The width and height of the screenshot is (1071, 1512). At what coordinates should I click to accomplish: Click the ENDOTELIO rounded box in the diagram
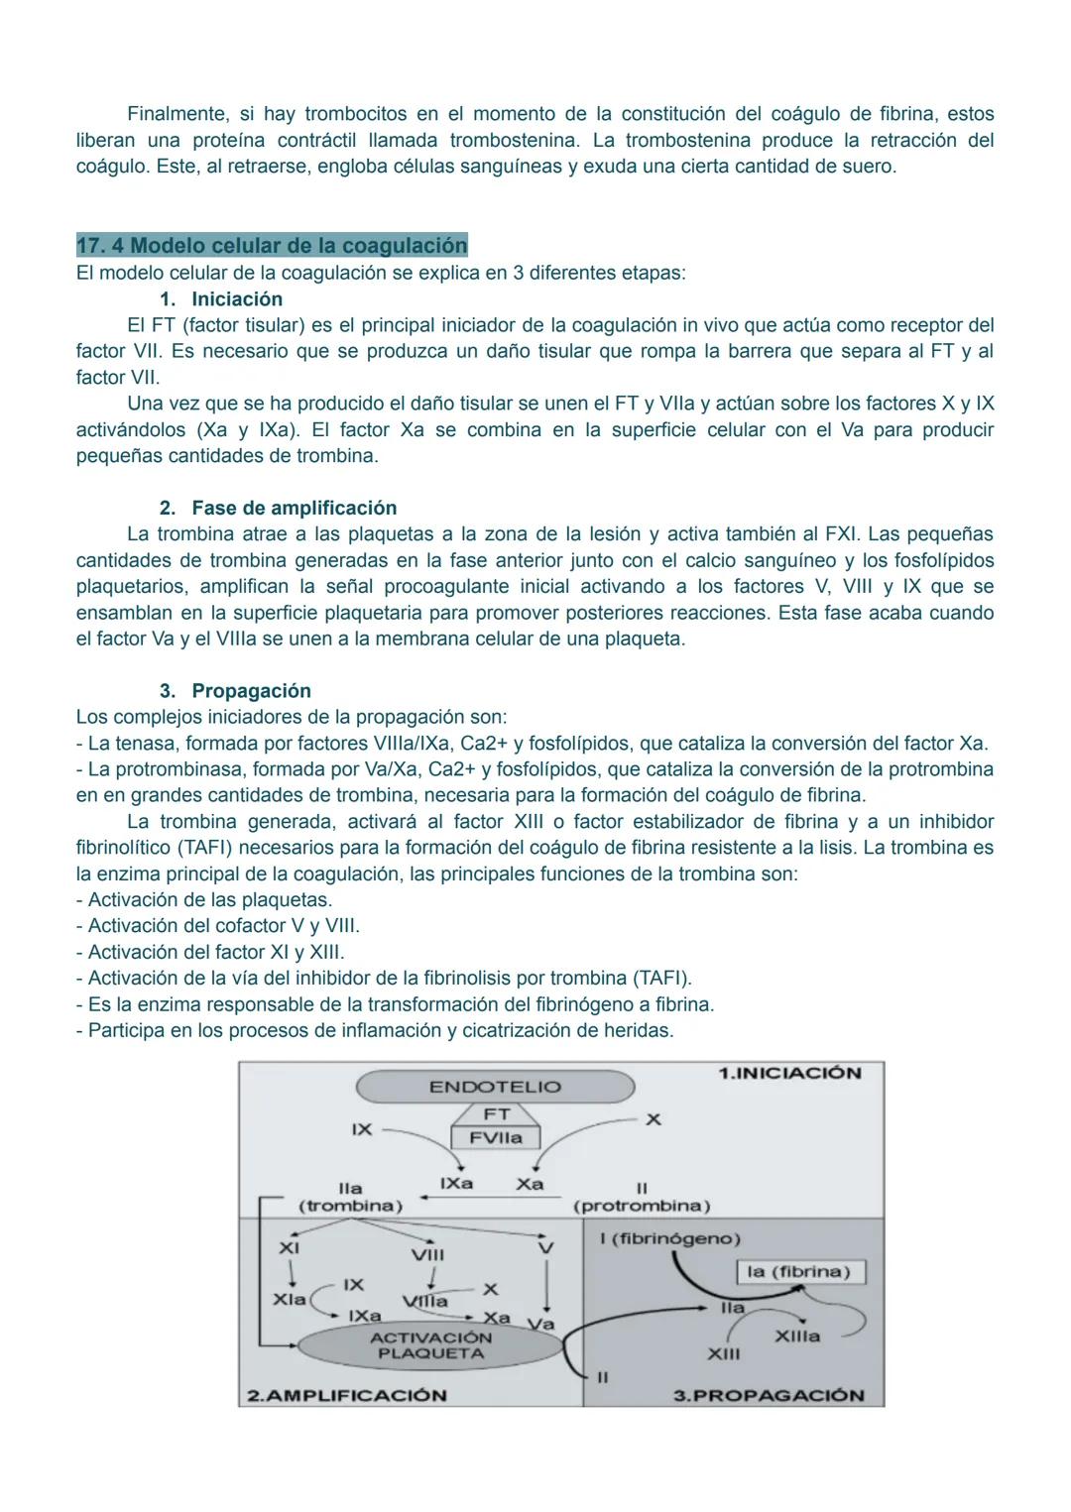pyautogui.click(x=494, y=1087)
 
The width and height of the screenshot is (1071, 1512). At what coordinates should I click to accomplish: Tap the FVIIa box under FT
pyautogui.click(x=495, y=1138)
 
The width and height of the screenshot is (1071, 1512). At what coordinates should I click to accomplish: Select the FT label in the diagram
pyautogui.click(x=496, y=1114)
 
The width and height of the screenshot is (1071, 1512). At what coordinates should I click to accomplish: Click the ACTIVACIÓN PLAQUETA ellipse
pyautogui.click(x=430, y=1345)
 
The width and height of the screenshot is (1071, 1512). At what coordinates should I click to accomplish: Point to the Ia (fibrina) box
pyautogui.click(x=799, y=1272)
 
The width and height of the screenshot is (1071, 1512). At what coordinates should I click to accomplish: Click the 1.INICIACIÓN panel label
pyautogui.click(x=789, y=1073)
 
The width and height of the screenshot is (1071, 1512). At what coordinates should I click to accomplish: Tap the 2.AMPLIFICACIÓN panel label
pyautogui.click(x=346, y=1395)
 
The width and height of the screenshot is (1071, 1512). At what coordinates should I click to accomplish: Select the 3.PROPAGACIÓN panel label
pyautogui.click(x=769, y=1395)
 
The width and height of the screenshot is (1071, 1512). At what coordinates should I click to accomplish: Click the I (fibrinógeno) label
pyautogui.click(x=669, y=1239)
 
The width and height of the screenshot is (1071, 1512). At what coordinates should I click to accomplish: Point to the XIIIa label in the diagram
pyautogui.click(x=796, y=1337)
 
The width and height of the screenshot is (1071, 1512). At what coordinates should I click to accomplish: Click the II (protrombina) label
pyautogui.click(x=642, y=1198)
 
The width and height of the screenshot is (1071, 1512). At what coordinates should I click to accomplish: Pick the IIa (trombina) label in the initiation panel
pyautogui.click(x=350, y=1197)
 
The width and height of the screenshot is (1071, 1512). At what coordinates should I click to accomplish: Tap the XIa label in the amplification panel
pyautogui.click(x=289, y=1299)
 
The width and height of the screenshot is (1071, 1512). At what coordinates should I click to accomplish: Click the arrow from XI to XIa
pyautogui.click(x=289, y=1272)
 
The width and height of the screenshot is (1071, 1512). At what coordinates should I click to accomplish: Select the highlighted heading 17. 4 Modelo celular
pyautogui.click(x=272, y=245)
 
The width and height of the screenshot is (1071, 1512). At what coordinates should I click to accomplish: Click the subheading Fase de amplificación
pyautogui.click(x=294, y=508)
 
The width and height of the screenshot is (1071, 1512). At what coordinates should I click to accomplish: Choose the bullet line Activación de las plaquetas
pyautogui.click(x=209, y=900)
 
